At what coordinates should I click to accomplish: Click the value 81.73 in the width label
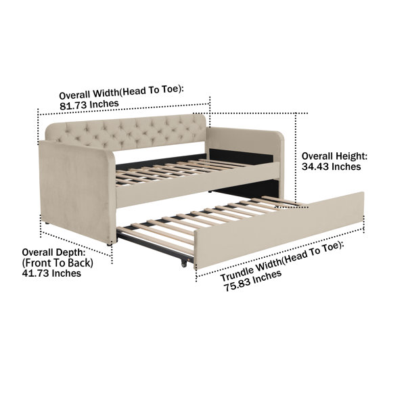73,106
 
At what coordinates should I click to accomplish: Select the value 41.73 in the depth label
35,273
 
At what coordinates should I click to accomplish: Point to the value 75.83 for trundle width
235,285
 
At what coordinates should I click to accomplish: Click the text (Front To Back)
58,263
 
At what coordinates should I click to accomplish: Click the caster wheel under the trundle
184,263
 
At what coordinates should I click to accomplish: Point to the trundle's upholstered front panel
279,231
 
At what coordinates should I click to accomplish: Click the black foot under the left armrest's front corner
110,244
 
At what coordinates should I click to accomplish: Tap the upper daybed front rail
198,185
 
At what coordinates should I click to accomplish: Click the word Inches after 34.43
346,166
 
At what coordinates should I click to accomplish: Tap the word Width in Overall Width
106,93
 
